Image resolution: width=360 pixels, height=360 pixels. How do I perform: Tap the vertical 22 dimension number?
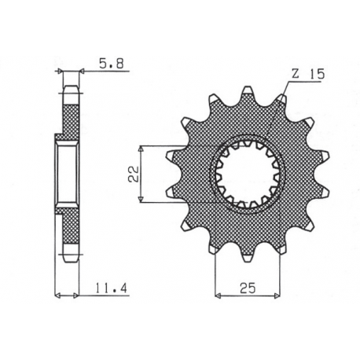coord(134,174)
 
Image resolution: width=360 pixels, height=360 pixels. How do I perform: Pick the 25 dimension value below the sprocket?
coord(246,287)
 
